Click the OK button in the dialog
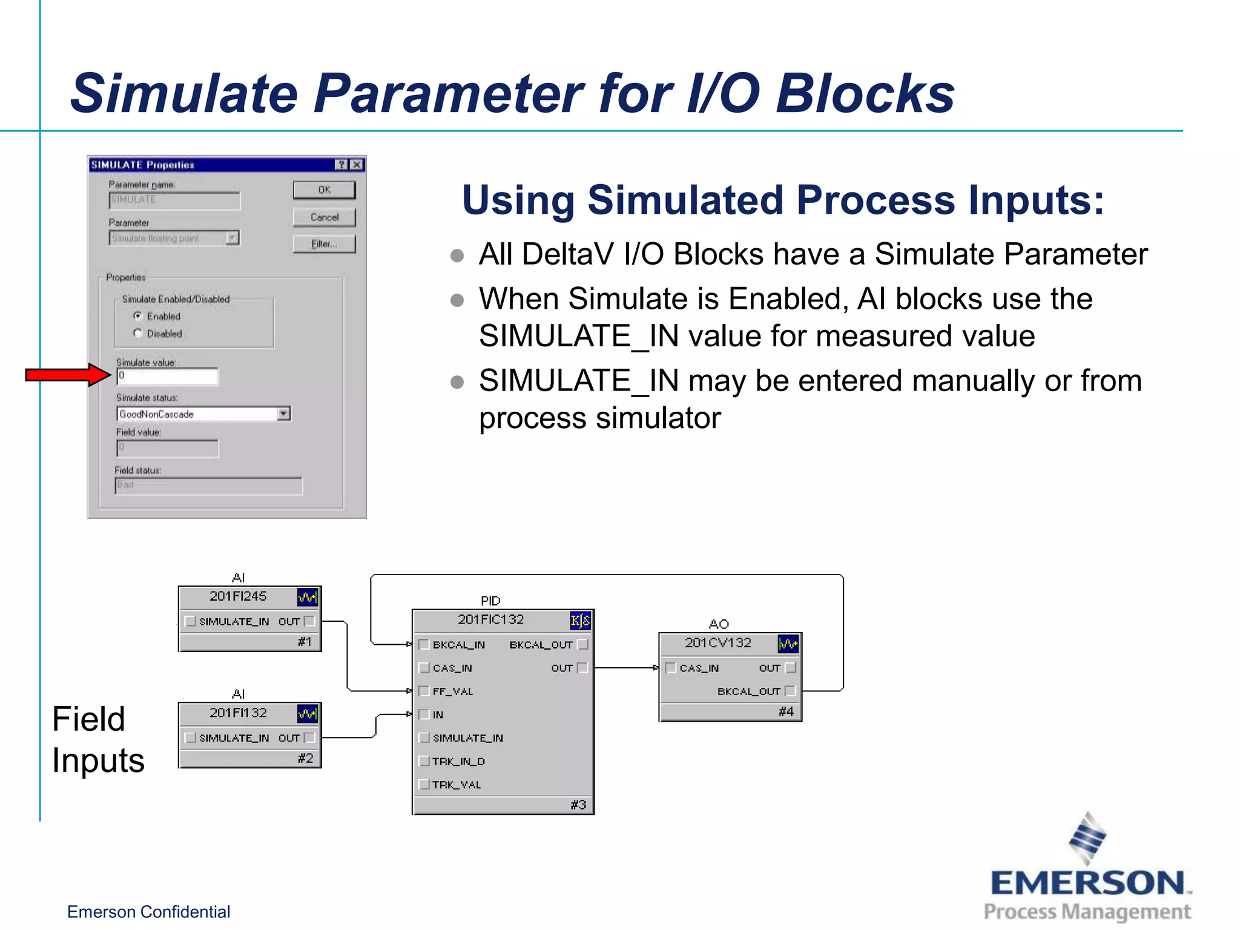click(x=324, y=190)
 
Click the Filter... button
click(x=324, y=244)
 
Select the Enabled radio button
click(x=138, y=316)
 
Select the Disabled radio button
click(x=138, y=334)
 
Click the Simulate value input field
click(x=167, y=377)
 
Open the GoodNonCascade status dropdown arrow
click(x=283, y=414)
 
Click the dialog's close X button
click(x=357, y=165)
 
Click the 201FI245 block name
click(x=238, y=596)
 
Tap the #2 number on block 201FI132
click(x=305, y=759)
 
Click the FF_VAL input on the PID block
click(x=452, y=691)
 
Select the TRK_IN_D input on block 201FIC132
click(x=458, y=762)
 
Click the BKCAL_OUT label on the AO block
click(x=748, y=691)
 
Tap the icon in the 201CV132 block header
click(x=788, y=644)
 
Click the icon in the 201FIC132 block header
click(x=579, y=621)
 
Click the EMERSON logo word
click(x=1087, y=883)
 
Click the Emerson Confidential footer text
click(x=148, y=912)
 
